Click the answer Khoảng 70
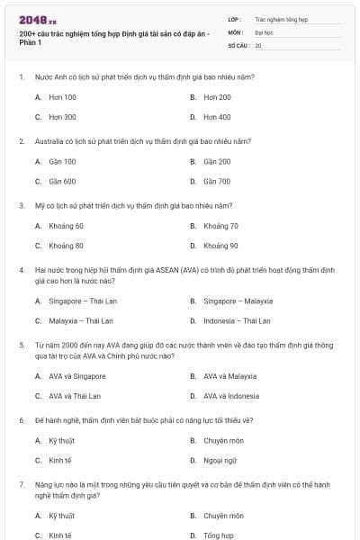coord(220,226)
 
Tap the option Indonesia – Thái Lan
coord(237,320)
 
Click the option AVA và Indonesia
coord(231,395)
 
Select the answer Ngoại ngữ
coord(219,460)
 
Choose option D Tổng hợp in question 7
coord(218,535)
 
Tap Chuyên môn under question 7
coord(223,516)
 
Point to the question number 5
coord(22,344)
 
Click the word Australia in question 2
coord(49,141)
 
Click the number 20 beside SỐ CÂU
coord(258,44)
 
